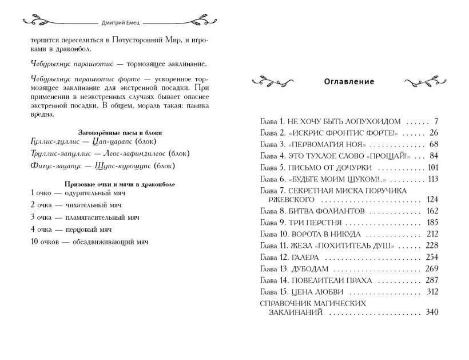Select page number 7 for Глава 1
[x=435, y=122]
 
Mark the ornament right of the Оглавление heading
[x=423, y=82]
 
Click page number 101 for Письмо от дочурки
[x=432, y=167]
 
